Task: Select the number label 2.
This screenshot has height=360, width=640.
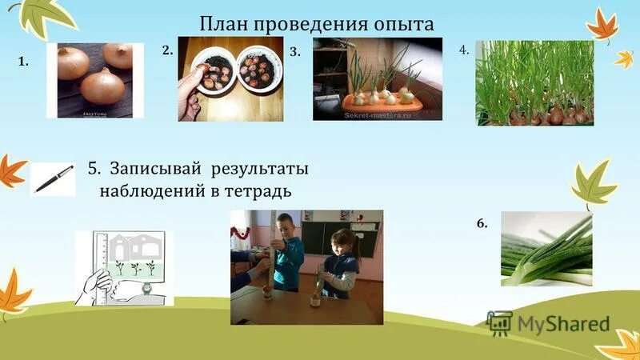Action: point(167,50)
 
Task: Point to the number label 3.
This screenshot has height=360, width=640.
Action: point(295,52)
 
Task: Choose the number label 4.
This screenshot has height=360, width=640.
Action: point(464,50)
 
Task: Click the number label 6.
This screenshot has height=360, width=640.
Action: point(482,224)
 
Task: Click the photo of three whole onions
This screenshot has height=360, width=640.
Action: point(100,80)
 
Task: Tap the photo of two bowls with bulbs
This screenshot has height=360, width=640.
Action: point(230,78)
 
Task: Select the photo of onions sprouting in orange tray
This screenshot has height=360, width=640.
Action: point(377,78)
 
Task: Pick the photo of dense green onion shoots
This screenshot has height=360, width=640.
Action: point(534,83)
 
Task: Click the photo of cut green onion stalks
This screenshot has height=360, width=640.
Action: point(546,249)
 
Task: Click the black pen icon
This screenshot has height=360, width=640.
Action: point(53,178)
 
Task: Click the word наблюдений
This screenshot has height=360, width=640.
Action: point(155,191)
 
